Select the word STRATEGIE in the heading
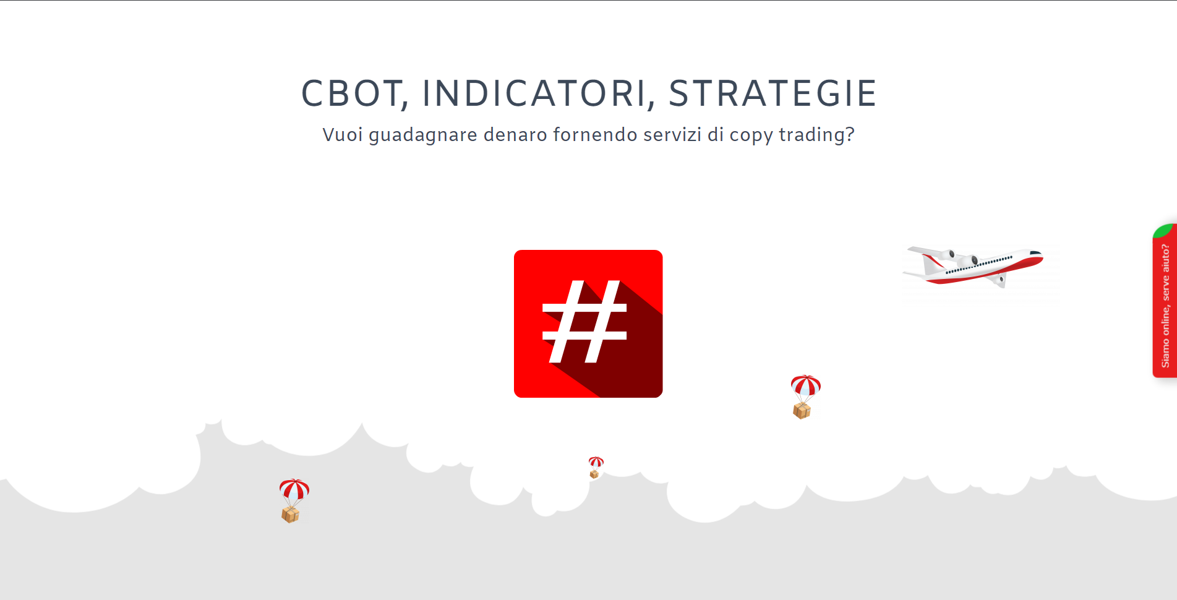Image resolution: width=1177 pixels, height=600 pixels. tap(773, 93)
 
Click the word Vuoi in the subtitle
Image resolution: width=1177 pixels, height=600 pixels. tap(343, 134)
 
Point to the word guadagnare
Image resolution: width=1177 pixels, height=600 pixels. tap(423, 135)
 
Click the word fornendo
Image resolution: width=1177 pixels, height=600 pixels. tap(595, 134)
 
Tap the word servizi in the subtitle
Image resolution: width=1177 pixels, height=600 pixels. tap(672, 134)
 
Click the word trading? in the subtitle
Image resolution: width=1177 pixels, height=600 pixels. tap(816, 135)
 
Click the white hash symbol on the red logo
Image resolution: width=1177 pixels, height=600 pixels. tap(584, 321)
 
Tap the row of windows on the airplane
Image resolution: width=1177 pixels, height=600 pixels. tap(979, 264)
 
